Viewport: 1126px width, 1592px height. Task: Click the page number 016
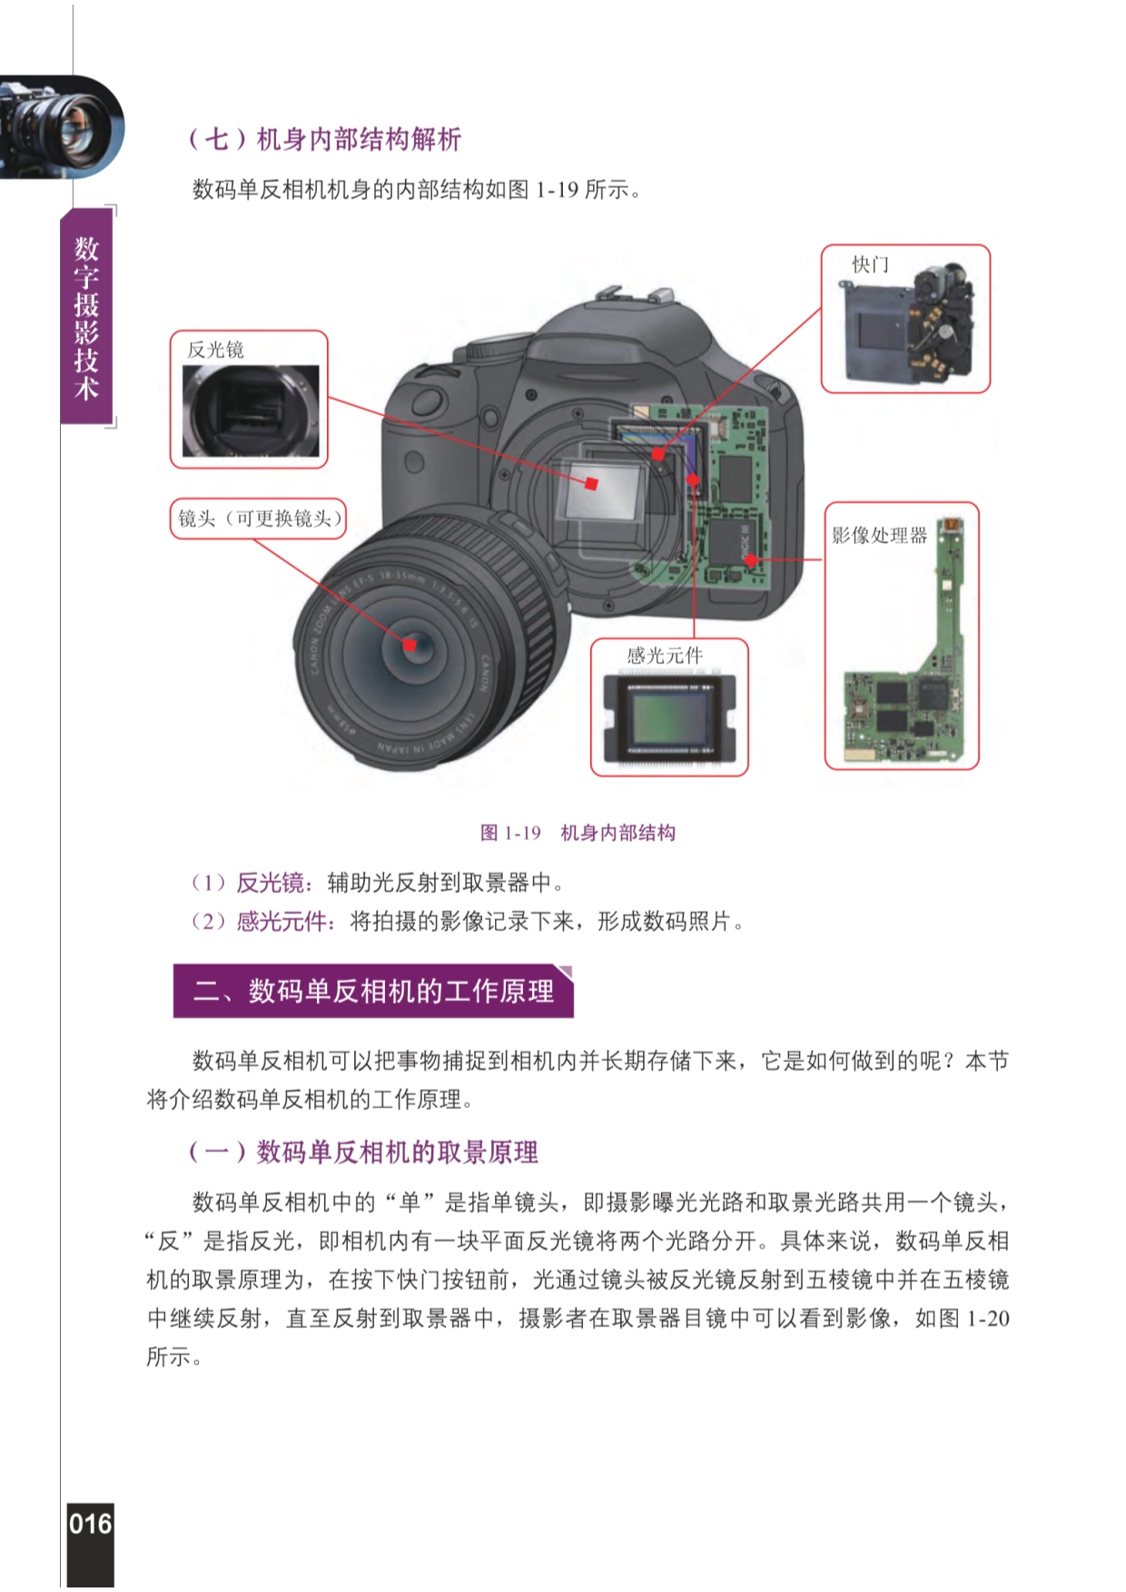[x=90, y=1523]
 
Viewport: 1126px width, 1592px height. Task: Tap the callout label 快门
[x=870, y=264]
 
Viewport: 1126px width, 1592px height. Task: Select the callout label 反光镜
[x=215, y=350]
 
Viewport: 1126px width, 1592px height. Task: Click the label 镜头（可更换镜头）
[x=259, y=519]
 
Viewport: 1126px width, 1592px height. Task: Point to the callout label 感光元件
[x=665, y=656]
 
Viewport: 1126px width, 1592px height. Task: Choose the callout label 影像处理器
[x=880, y=536]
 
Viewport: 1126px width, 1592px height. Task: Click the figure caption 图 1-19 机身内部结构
[x=578, y=833]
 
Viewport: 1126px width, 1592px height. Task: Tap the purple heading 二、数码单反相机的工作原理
[x=373, y=991]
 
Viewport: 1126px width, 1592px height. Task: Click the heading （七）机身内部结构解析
[x=324, y=139]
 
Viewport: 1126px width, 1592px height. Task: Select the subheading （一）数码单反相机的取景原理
[x=362, y=1152]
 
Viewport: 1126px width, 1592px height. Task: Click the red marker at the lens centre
[x=410, y=645]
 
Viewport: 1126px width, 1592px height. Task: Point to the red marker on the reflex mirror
[x=591, y=484]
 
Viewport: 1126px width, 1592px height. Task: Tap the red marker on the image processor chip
[x=751, y=560]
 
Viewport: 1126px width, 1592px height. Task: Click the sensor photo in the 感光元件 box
[x=670, y=721]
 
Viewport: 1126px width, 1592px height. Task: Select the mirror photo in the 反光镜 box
[x=251, y=411]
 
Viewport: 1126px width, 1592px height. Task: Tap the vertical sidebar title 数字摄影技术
[x=86, y=317]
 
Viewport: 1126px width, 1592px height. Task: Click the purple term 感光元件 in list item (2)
[x=282, y=922]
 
